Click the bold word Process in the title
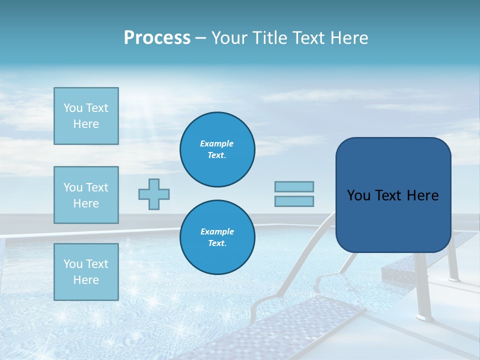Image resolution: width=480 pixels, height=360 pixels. click(x=157, y=38)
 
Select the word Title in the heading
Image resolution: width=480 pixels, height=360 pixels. click(x=268, y=38)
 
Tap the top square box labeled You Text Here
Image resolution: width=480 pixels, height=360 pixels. click(x=86, y=116)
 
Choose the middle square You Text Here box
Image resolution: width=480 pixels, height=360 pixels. click(x=86, y=195)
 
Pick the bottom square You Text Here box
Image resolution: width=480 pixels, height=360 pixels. click(x=86, y=271)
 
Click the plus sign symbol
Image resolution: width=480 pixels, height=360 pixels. click(x=154, y=194)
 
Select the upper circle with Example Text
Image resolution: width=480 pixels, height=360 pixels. click(x=217, y=149)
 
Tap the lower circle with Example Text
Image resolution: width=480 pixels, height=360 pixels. click(x=217, y=237)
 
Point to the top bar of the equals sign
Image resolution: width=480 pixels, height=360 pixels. click(x=294, y=186)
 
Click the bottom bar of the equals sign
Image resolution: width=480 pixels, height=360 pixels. click(x=294, y=201)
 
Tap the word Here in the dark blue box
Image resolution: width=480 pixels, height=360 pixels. click(x=422, y=195)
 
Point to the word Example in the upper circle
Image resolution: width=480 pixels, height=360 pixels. click(x=217, y=144)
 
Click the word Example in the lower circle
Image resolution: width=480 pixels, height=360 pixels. click(x=217, y=232)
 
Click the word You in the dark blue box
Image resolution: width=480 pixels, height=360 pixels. click(x=358, y=195)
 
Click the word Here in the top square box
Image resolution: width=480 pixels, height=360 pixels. click(x=86, y=124)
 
